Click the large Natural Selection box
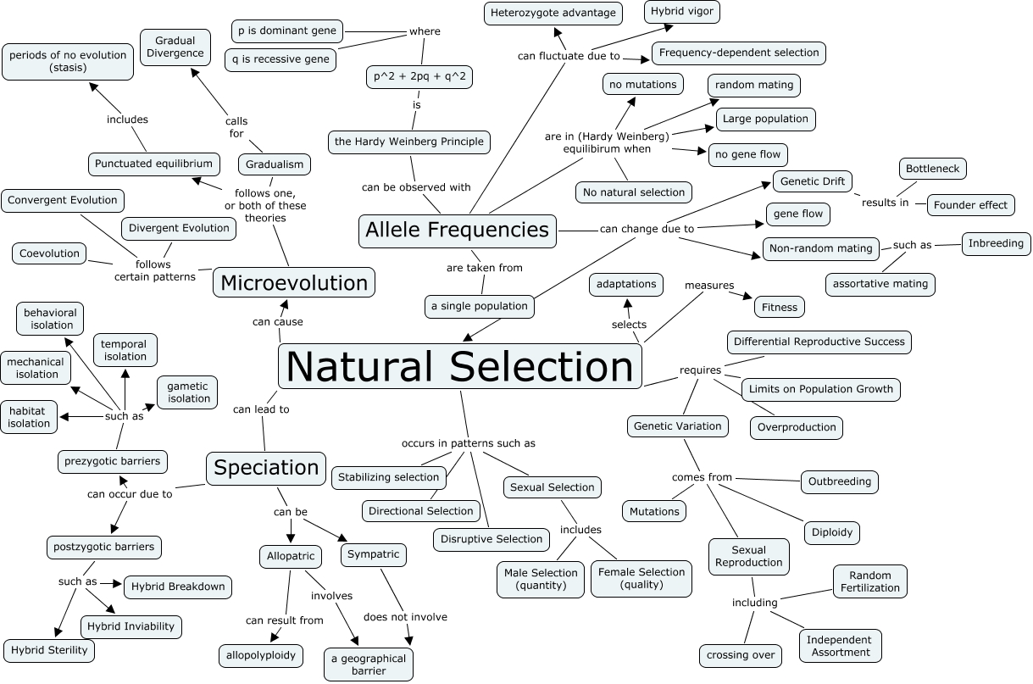coord(459,367)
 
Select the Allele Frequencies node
coord(457,230)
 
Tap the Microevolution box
coord(294,282)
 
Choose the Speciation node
coord(266,467)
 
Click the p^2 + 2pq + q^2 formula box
coord(419,77)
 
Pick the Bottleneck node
coord(932,169)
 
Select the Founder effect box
coord(970,205)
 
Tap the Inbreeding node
coord(997,243)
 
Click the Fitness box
coord(779,307)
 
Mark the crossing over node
coord(740,654)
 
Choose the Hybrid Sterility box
coord(49,650)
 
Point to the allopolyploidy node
coord(259,655)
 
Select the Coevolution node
coord(51,253)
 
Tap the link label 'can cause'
coord(277,322)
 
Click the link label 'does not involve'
coord(405,617)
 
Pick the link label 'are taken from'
coord(484,268)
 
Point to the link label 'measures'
coord(709,286)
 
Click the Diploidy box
coord(832,532)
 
